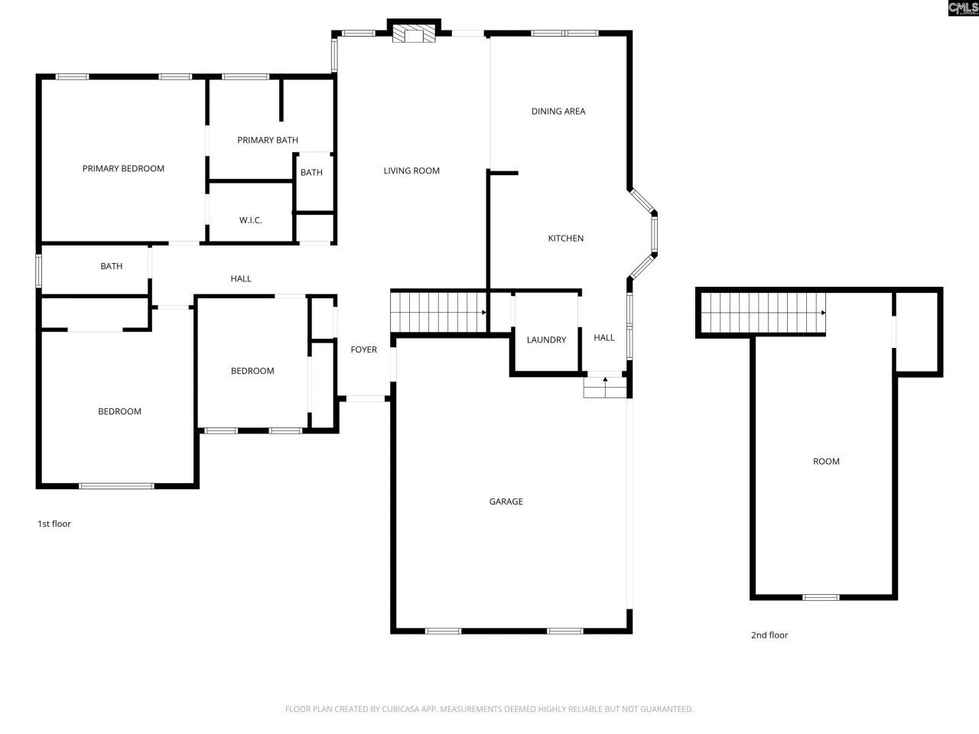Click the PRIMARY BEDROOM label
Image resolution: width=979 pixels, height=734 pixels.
click(123, 169)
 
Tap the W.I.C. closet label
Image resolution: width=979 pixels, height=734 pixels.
click(251, 220)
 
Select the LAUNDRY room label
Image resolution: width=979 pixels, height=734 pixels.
click(546, 340)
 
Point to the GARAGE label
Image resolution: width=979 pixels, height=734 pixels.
click(506, 502)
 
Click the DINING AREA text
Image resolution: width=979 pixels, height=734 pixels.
click(558, 112)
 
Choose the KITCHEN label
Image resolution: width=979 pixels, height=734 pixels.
click(566, 239)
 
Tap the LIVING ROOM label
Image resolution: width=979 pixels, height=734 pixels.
click(411, 171)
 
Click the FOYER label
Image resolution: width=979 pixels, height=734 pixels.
click(364, 350)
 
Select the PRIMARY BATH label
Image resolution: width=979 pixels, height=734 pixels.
click(268, 141)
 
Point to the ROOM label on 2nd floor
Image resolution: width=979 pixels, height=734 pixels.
click(826, 462)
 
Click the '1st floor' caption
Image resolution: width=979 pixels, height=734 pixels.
click(54, 525)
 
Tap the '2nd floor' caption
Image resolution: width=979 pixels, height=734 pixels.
click(769, 635)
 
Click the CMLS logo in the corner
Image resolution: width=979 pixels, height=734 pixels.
click(963, 8)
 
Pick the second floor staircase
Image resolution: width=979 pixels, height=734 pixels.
click(763, 313)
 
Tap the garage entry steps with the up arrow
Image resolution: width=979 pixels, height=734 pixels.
click(605, 387)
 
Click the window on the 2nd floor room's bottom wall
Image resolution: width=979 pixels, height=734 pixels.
click(821, 597)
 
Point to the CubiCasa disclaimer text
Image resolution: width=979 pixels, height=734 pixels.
click(489, 710)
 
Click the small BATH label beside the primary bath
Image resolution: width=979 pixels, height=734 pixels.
click(311, 173)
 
